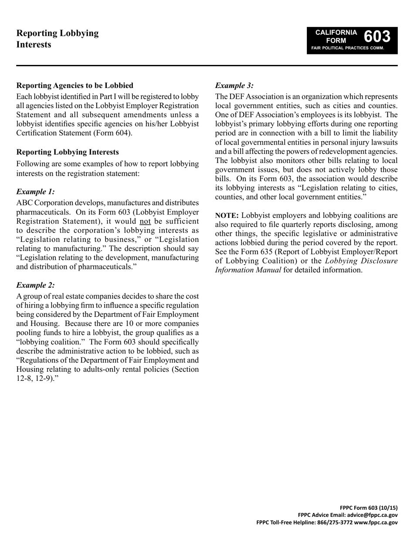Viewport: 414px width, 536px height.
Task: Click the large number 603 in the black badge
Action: click(x=377, y=36)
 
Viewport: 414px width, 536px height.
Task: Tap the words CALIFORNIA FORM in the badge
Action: click(x=336, y=37)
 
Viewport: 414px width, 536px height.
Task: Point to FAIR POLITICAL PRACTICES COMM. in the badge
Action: click(x=347, y=48)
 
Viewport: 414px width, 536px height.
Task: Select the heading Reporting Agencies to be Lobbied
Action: click(x=75, y=85)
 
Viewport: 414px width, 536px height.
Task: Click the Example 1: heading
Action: click(x=35, y=192)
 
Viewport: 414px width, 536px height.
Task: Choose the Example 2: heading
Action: click(x=35, y=285)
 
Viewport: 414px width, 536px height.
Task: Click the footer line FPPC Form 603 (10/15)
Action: click(x=368, y=508)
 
